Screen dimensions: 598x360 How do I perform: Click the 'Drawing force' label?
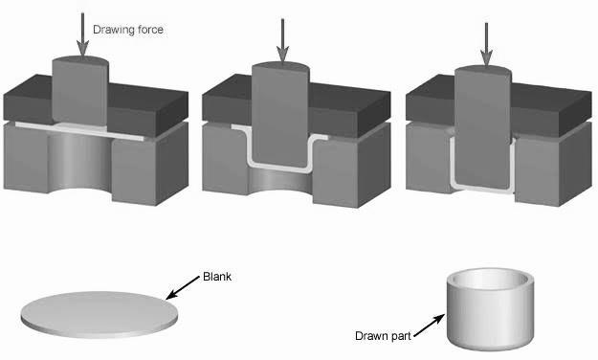click(x=128, y=30)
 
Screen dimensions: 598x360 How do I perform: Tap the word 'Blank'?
click(x=217, y=277)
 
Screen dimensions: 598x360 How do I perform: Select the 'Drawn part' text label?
click(x=383, y=336)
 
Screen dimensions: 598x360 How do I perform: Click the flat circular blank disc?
click(x=100, y=315)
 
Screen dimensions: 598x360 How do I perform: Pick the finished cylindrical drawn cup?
click(x=490, y=309)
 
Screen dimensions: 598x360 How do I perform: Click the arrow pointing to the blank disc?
click(x=183, y=287)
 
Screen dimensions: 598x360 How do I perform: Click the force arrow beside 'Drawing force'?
click(x=82, y=34)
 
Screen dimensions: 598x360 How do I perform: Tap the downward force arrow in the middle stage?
click(x=282, y=41)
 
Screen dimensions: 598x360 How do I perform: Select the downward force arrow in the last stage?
click(x=486, y=45)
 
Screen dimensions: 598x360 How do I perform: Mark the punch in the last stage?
click(x=483, y=126)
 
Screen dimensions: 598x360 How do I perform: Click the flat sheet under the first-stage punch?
click(x=80, y=131)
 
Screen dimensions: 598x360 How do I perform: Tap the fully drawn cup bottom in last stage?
click(x=482, y=189)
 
